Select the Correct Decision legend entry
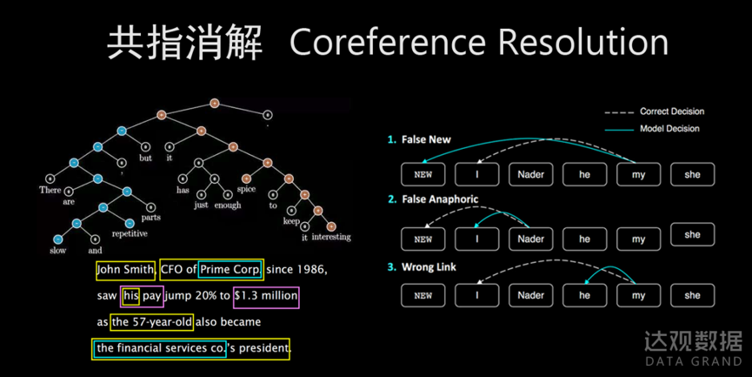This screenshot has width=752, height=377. (x=671, y=111)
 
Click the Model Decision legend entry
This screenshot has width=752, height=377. (x=669, y=129)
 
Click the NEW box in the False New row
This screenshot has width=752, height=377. (x=423, y=174)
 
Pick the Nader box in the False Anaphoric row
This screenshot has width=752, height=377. (x=530, y=239)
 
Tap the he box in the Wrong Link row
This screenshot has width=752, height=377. (x=585, y=295)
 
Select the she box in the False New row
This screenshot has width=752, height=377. (x=692, y=174)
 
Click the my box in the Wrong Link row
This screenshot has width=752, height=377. (x=639, y=295)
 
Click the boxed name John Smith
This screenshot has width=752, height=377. (x=125, y=270)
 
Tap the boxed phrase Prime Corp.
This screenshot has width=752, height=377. (x=230, y=270)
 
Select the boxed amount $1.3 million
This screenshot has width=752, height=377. (x=266, y=296)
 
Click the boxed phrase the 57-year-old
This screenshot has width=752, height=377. (x=151, y=322)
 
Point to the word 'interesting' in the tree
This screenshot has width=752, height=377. (x=331, y=237)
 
